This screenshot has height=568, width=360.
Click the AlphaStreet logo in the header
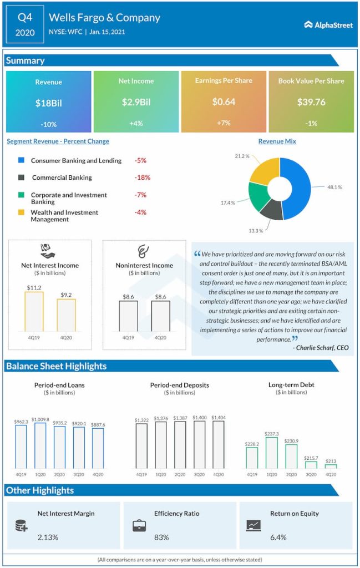328,25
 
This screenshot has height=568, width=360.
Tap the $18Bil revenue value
48,103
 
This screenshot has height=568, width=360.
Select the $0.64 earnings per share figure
224,102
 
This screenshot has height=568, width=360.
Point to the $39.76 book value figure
311,102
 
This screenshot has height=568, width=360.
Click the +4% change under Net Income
136,124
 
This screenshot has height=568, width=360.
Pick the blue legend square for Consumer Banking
21,160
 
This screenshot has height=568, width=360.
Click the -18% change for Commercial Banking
143,177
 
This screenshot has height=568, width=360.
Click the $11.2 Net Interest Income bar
34,311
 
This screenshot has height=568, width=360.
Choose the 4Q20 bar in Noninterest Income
161,316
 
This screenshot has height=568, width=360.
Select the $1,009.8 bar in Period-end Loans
40,446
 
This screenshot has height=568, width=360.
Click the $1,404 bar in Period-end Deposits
219,445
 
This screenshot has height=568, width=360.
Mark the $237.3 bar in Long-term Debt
272,453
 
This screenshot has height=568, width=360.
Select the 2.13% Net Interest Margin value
48,537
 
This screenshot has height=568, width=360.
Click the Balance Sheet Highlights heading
56,366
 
